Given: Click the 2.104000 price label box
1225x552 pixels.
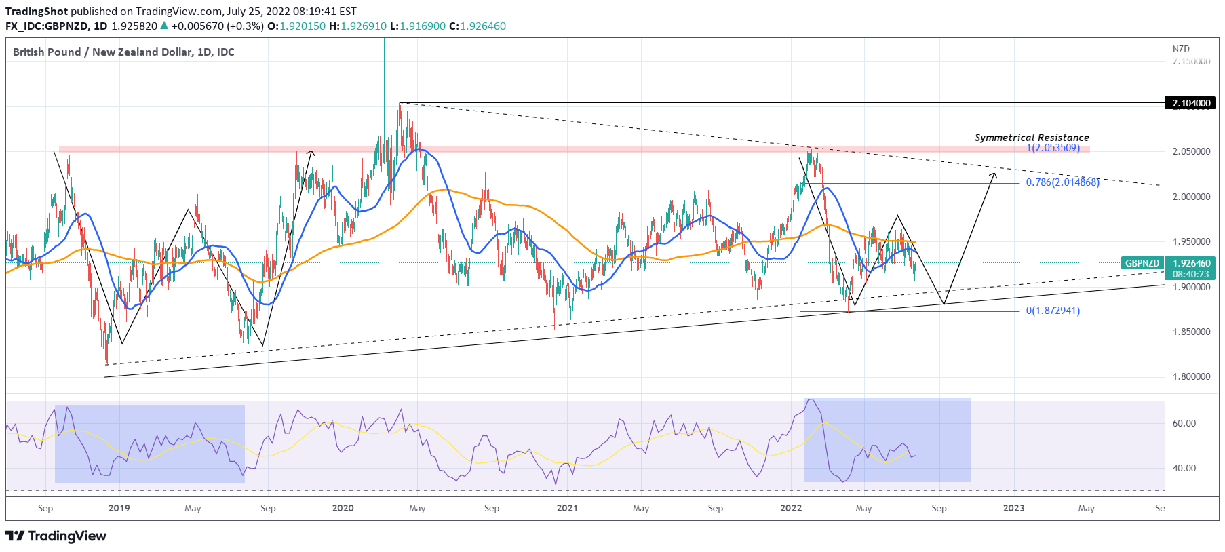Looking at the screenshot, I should click(1191, 103).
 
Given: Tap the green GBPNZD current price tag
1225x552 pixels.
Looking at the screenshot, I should click(1142, 263).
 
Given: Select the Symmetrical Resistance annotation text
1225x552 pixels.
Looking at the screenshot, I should click(1032, 138).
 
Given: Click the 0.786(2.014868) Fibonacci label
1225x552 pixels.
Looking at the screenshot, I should click(1062, 182).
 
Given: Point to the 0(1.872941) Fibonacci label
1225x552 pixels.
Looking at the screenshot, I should click(1053, 311).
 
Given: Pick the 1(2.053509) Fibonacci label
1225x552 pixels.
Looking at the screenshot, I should click(1053, 148).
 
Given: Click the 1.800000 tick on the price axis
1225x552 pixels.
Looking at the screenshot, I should click(1191, 376).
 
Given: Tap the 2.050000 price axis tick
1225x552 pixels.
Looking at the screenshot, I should click(1191, 151).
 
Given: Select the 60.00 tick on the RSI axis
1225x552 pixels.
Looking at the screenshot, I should click(1184, 423).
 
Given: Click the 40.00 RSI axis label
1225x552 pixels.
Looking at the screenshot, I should click(1184, 468).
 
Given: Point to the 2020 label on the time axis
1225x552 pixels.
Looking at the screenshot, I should click(343, 508).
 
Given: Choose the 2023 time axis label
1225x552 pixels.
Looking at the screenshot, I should click(1013, 508).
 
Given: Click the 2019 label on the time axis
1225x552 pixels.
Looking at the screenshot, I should click(119, 508).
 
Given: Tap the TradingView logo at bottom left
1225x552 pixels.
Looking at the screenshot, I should click(56, 536).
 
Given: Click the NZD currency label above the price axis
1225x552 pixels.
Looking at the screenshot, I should click(1181, 49).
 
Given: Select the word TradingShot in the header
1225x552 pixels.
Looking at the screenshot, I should click(37, 11).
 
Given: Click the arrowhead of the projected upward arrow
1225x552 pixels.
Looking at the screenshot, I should click(994, 174).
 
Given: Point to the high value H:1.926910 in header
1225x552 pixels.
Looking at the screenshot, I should click(357, 26).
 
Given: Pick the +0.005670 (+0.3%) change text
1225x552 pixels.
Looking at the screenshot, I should click(217, 26).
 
